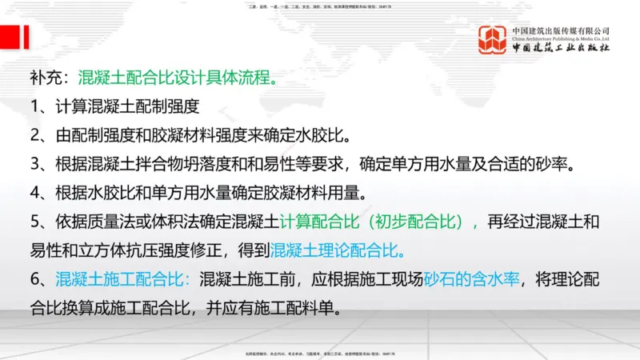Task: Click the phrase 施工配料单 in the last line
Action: tap(302, 306)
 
